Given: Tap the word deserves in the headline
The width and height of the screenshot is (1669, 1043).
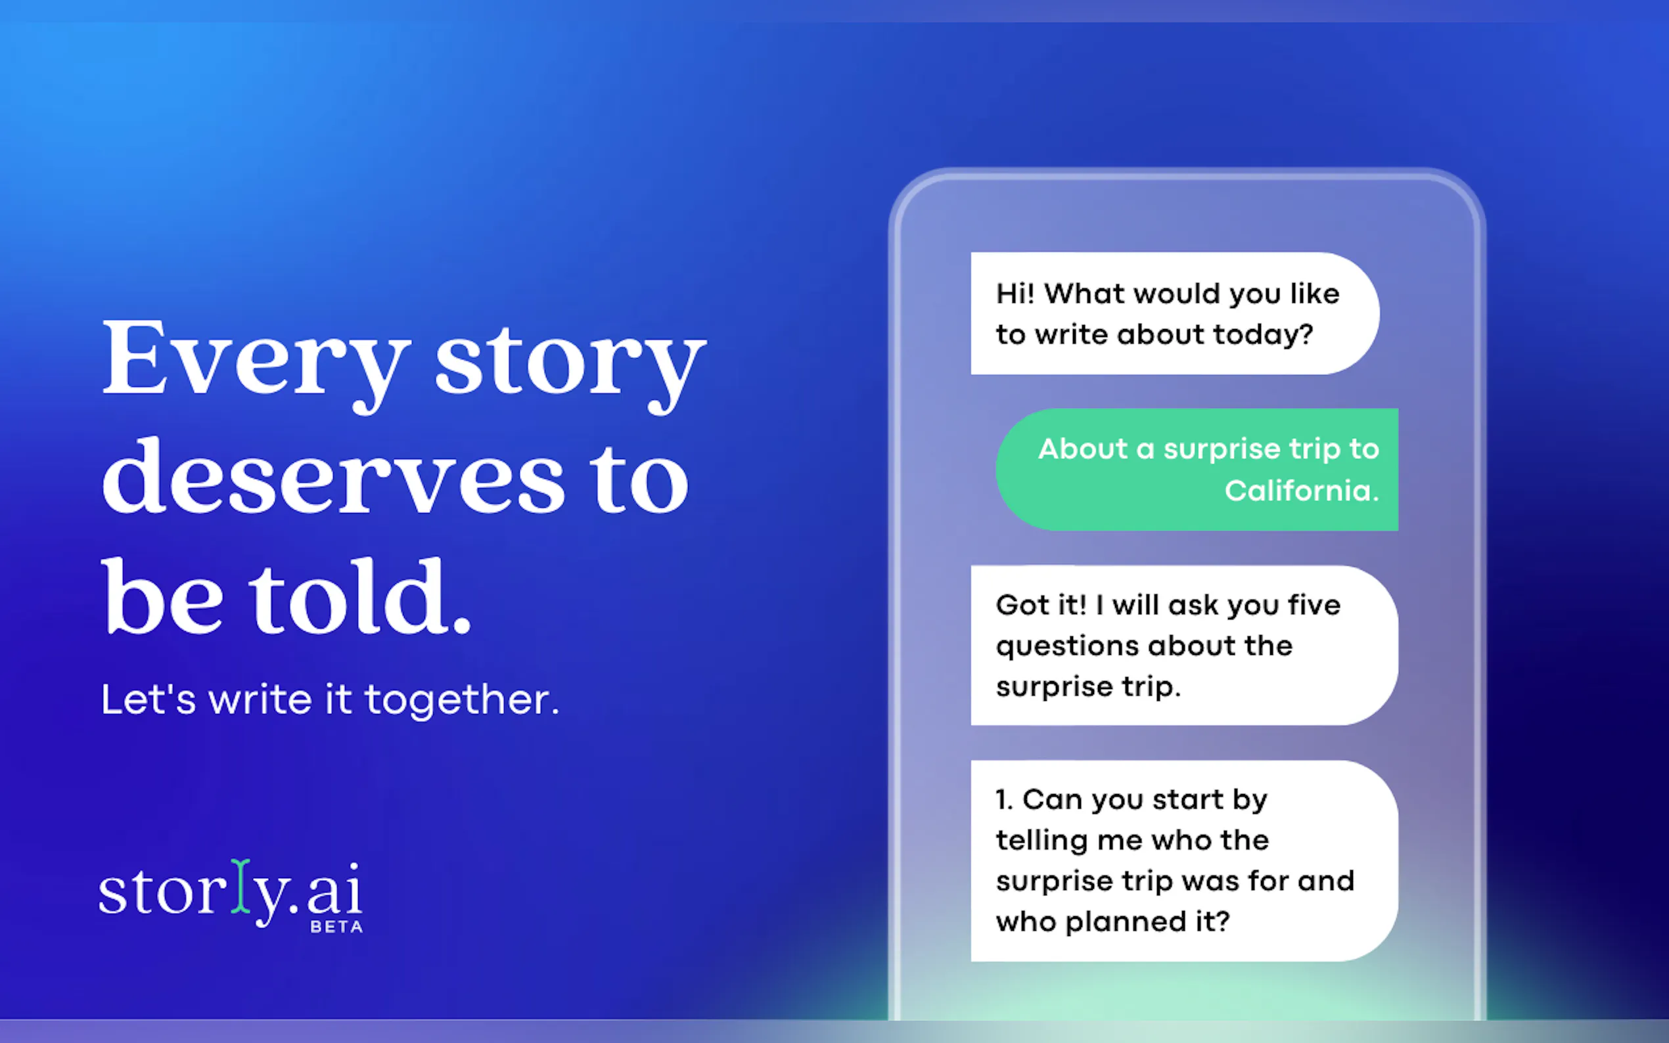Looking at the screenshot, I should (333, 477).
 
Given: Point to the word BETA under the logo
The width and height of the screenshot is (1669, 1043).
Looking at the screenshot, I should (336, 927).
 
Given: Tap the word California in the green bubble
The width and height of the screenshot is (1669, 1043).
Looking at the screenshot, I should (1300, 491).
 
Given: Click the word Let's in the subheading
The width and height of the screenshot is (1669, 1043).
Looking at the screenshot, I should (149, 699).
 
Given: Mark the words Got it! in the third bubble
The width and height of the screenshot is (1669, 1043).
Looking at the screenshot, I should (1040, 606).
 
